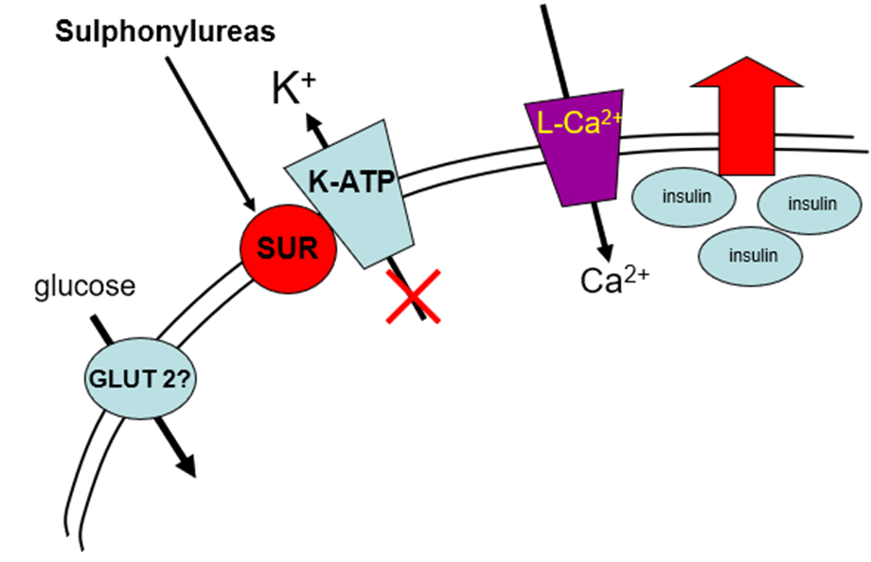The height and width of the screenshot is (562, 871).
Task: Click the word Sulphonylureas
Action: click(165, 32)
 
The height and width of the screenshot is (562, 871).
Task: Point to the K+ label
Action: click(291, 88)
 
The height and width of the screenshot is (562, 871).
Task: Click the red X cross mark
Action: click(409, 299)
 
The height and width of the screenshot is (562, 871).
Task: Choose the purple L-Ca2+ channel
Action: click(576, 147)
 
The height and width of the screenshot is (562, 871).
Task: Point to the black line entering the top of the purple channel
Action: click(551, 47)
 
